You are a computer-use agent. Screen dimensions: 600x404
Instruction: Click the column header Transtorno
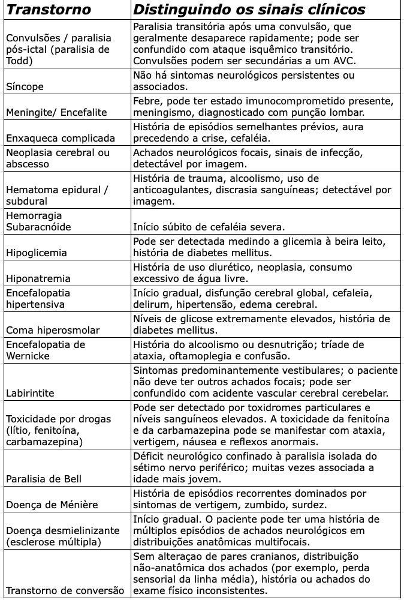pyautogui.click(x=49, y=10)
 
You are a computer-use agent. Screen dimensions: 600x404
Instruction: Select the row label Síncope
pyautogui.click(x=25, y=86)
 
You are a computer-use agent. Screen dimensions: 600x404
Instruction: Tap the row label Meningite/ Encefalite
pyautogui.click(x=56, y=112)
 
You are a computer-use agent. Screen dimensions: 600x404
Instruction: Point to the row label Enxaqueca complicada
pyautogui.click(x=60, y=138)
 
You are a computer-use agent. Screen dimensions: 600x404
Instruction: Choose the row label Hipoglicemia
pyautogui.click(x=36, y=253)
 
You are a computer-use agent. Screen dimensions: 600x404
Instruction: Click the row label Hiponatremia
pyautogui.click(x=38, y=278)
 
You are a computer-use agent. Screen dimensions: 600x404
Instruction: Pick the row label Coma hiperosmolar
pyautogui.click(x=53, y=330)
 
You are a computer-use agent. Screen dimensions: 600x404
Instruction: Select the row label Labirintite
pyautogui.click(x=30, y=393)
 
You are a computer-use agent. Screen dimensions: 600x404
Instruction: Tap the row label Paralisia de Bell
pyautogui.click(x=44, y=479)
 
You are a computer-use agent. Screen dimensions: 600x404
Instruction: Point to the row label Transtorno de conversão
pyautogui.click(x=65, y=590)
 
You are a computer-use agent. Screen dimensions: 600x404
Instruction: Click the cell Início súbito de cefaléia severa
pyautogui.click(x=209, y=227)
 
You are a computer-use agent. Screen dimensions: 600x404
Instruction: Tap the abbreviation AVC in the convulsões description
pyautogui.click(x=341, y=61)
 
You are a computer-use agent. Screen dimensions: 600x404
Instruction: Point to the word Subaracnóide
pyautogui.click(x=38, y=227)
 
